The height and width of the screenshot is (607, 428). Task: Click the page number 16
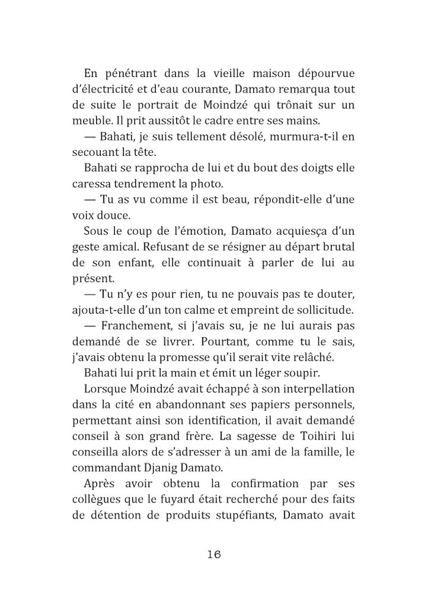click(213, 554)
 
